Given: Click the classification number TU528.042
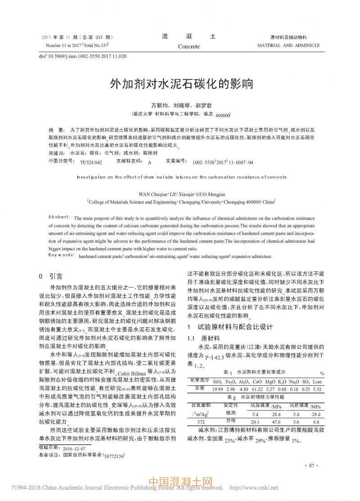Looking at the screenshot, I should tap(91, 162).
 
